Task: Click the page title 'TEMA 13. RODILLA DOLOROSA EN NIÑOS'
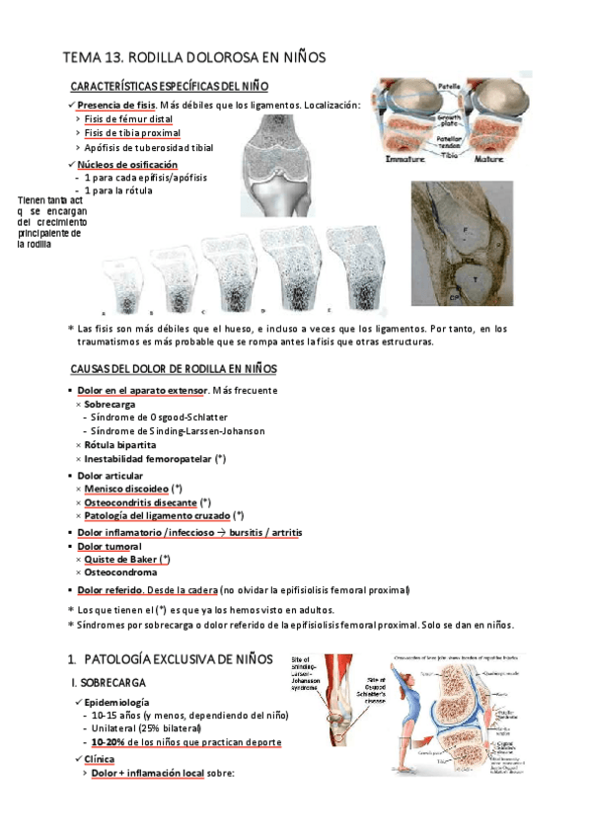193,58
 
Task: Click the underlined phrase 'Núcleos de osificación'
127,164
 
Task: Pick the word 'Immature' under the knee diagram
406,157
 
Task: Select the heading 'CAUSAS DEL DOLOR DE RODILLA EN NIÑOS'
174,368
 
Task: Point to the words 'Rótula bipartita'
119,445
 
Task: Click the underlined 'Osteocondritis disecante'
140,502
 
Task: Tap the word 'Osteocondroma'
122,572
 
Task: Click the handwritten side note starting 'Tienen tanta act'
52,222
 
